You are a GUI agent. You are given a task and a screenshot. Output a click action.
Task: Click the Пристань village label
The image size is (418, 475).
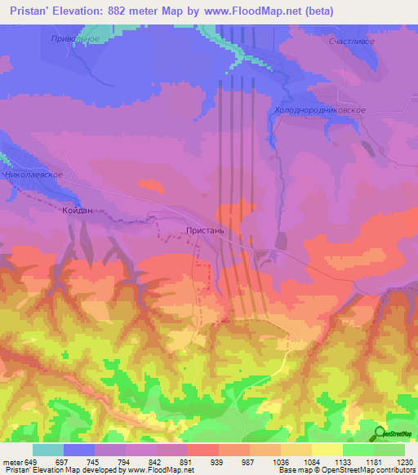[211, 231]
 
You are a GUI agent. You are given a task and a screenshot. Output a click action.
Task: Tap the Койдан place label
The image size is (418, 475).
[78, 211]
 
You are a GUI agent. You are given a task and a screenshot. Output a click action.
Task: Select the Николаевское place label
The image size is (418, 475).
[33, 175]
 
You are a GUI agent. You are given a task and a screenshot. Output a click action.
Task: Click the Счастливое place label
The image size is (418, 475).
[350, 40]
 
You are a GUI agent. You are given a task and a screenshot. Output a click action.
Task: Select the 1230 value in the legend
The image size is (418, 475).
[405, 463]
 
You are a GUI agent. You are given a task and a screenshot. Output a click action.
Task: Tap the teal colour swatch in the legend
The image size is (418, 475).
[48, 450]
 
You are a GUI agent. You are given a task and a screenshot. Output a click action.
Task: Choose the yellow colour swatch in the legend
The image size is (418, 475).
[327, 450]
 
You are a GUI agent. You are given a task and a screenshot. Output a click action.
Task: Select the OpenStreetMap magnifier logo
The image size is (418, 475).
[380, 434]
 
